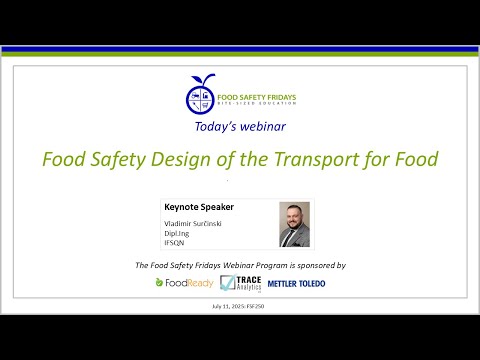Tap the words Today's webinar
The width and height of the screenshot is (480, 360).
(240, 128)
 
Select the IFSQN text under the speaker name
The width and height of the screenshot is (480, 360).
(175, 241)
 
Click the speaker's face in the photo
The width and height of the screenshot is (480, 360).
(294, 217)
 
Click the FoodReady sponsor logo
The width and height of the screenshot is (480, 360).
(183, 283)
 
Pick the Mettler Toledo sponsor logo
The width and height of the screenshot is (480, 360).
(296, 283)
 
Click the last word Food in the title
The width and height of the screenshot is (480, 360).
(413, 159)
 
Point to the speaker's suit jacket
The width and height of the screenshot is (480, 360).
(294, 238)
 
